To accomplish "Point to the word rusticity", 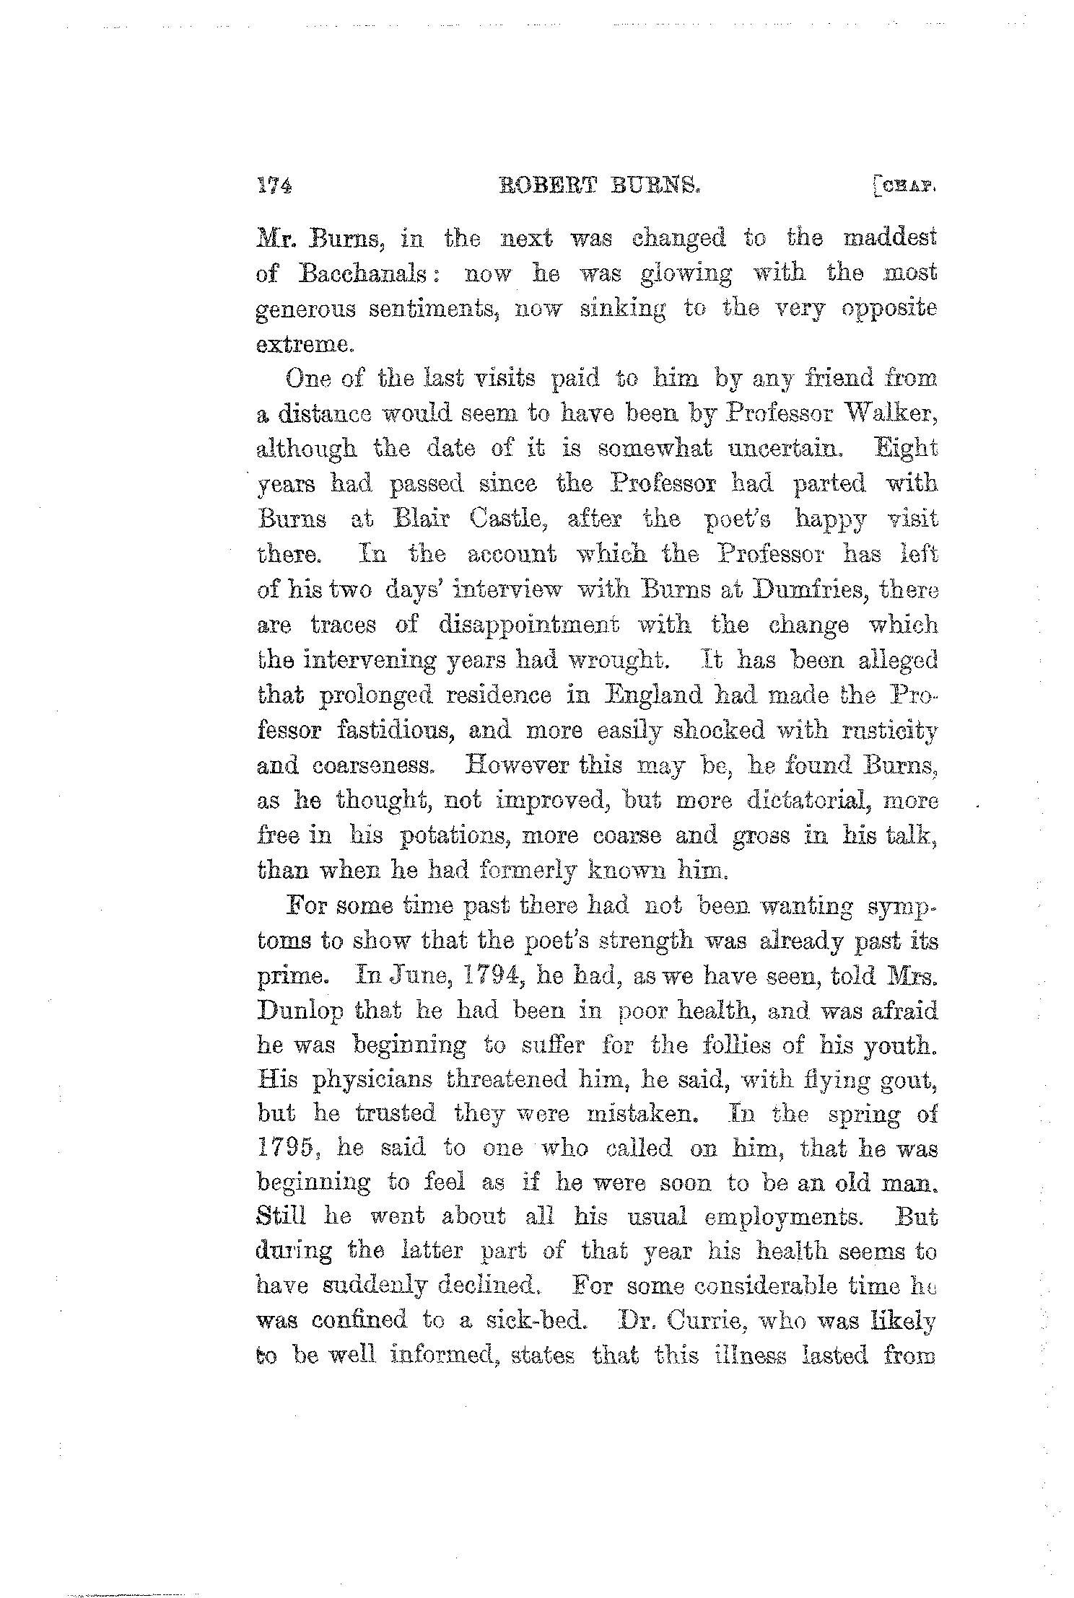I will [889, 731].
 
